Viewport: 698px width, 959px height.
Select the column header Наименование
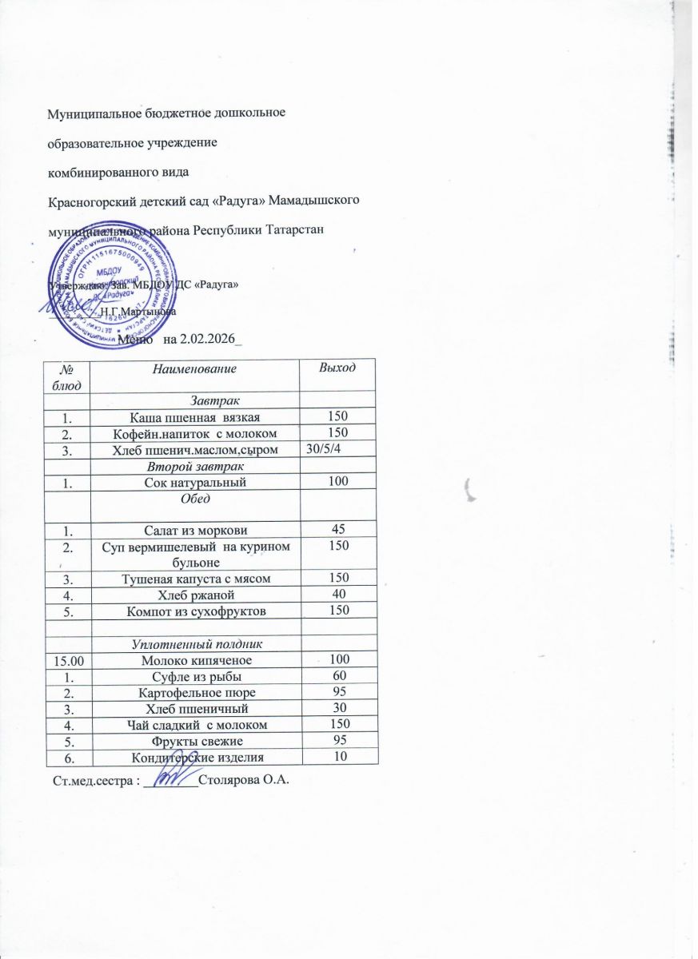(196, 368)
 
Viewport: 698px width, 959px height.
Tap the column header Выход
(337, 368)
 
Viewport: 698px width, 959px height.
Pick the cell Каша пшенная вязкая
(196, 416)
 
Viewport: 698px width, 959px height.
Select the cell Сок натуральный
(196, 482)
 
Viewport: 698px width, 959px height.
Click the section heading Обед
(196, 499)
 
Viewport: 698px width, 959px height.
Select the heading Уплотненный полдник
(196, 644)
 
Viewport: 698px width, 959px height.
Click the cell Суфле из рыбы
(196, 678)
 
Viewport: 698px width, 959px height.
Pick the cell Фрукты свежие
(196, 741)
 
